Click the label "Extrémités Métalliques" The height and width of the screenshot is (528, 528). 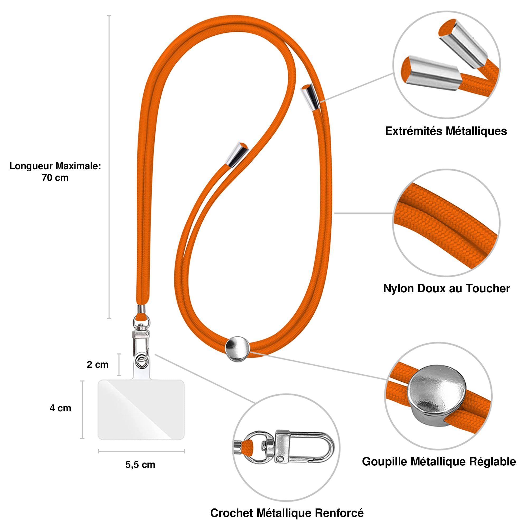[x=446, y=131]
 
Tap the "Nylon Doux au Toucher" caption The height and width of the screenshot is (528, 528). [x=446, y=288]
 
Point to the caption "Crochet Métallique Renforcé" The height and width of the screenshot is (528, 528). [x=287, y=513]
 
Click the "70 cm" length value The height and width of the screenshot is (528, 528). [x=55, y=178]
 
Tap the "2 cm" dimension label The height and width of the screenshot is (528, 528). [x=98, y=364]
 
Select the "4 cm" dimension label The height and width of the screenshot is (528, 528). [x=60, y=408]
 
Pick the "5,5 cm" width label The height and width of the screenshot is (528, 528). [x=140, y=465]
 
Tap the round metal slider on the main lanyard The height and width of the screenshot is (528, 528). [x=237, y=349]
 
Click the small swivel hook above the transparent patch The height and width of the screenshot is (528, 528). [x=141, y=340]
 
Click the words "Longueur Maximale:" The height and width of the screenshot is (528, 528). [x=55, y=166]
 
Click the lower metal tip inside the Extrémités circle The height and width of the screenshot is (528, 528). [x=432, y=73]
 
